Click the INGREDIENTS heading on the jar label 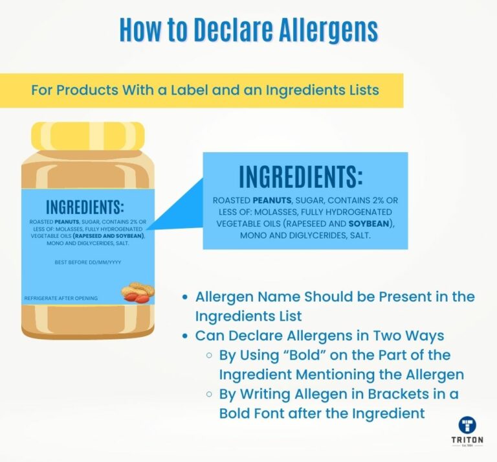[x=84, y=207]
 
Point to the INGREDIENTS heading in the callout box [x=301, y=178]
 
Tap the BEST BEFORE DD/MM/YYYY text [x=88, y=262]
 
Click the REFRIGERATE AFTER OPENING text [x=61, y=298]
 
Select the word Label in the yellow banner [x=187, y=90]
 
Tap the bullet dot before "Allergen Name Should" [x=186, y=297]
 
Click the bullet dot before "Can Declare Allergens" [x=186, y=336]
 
